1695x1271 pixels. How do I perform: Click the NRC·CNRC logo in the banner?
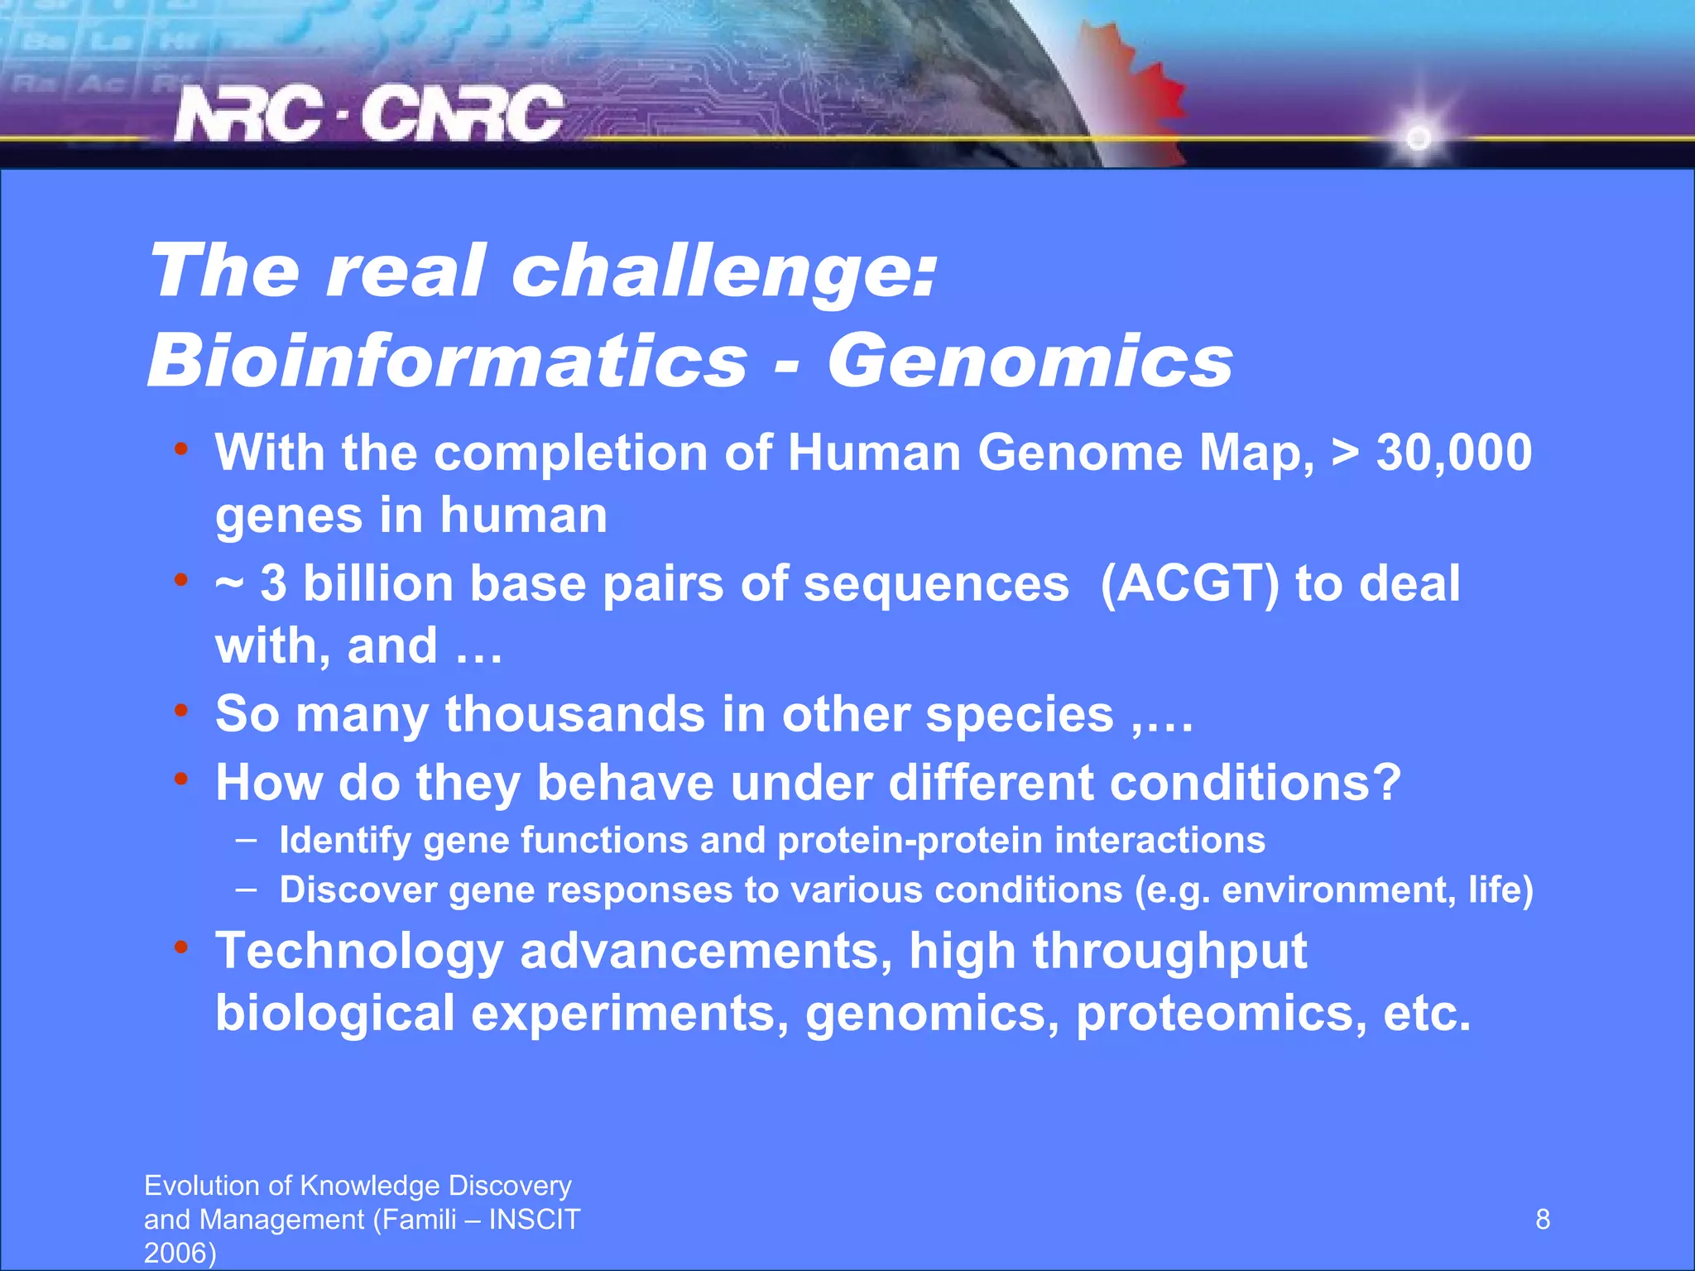click(x=369, y=114)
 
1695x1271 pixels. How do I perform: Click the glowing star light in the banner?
click(x=1419, y=137)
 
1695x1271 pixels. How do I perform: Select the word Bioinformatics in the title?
click(x=448, y=361)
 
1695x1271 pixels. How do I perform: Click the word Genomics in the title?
click(x=1030, y=361)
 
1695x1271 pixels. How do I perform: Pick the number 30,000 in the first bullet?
click(x=1453, y=453)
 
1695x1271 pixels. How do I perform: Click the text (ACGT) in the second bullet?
click(x=1190, y=583)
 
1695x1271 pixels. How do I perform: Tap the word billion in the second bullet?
click(x=377, y=583)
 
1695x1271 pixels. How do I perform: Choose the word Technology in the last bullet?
click(x=359, y=951)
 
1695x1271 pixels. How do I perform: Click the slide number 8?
click(x=1543, y=1220)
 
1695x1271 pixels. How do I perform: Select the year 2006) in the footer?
click(x=180, y=1253)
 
